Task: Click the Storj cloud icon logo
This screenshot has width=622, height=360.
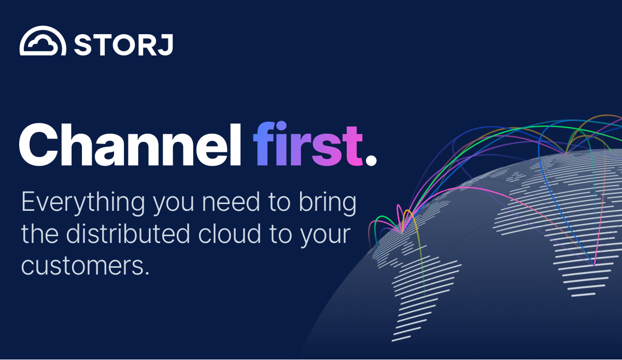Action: pyautogui.click(x=43, y=41)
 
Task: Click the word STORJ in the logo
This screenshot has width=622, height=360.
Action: pyautogui.click(x=123, y=45)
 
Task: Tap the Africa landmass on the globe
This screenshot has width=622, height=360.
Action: pyautogui.click(x=581, y=249)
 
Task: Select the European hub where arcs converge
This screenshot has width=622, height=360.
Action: pyautogui.click(x=566, y=153)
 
